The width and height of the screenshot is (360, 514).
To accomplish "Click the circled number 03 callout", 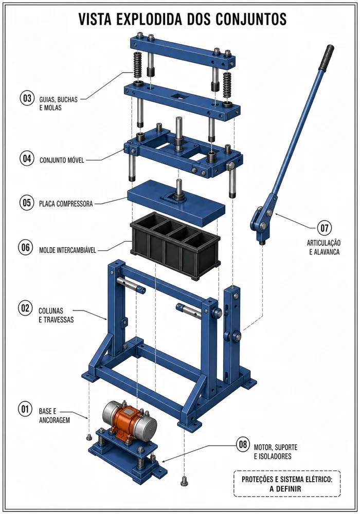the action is (x=27, y=98).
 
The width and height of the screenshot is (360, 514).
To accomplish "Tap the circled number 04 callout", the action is (x=27, y=159).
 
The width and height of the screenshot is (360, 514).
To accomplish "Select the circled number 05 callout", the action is (x=27, y=203).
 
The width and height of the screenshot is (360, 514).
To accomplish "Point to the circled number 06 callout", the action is (x=26, y=248).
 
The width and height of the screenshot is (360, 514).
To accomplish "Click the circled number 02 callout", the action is (x=25, y=308).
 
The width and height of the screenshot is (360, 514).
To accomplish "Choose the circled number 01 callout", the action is (x=25, y=410).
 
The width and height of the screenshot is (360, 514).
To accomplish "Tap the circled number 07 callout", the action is (x=324, y=228).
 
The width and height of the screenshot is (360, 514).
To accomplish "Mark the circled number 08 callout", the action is (x=243, y=445).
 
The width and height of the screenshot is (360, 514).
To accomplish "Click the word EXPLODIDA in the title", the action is (x=148, y=19).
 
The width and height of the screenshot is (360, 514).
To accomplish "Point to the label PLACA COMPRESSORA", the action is (x=66, y=204).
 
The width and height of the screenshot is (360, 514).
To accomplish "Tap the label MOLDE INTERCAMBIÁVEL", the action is (x=67, y=250).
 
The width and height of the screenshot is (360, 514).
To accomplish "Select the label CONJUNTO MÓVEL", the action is (x=62, y=160).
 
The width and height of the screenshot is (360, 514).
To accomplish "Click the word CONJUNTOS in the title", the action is (x=251, y=19).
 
